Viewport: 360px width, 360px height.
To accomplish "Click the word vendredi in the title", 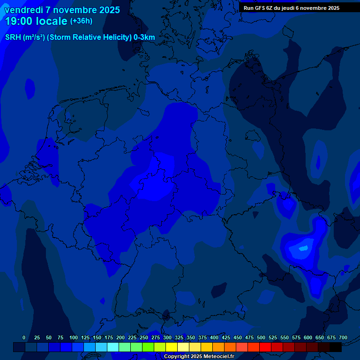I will [x=23, y=10].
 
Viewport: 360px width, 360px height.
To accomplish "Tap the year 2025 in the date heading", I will [x=108, y=10].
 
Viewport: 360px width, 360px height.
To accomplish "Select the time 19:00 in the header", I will [x=19, y=21].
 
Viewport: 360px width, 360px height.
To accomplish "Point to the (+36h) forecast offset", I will [x=81, y=21].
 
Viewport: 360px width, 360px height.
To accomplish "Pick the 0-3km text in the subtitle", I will [x=144, y=37].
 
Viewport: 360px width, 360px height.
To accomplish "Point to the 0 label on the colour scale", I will [x=24, y=337].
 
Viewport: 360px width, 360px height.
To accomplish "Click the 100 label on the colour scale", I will [x=74, y=337].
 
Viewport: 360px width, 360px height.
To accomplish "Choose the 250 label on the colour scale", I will [x=144, y=337].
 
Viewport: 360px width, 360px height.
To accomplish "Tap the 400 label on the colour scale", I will [x=214, y=337].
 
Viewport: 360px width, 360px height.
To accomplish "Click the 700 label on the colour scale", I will [x=343, y=337].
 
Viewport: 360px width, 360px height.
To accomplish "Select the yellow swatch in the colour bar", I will [x=172, y=347].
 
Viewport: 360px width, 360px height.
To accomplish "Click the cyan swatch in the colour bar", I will [x=113, y=347].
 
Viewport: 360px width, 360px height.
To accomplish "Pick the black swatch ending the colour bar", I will [x=336, y=347].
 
